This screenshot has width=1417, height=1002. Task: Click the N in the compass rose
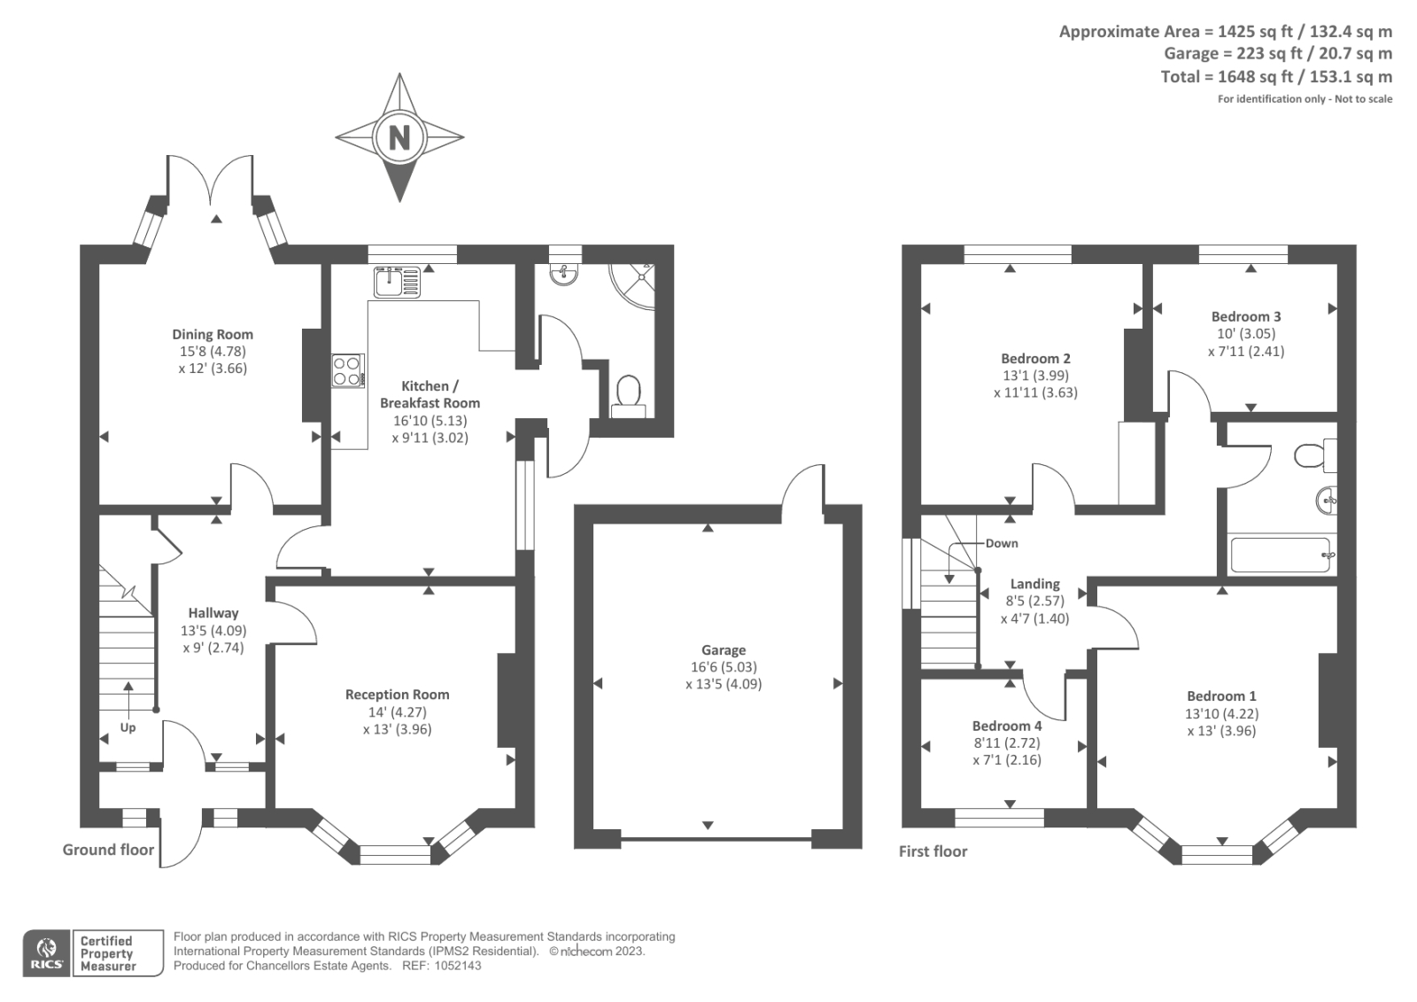click(x=399, y=136)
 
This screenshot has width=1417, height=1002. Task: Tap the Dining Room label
click(x=213, y=334)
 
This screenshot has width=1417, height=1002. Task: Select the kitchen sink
click(x=397, y=282)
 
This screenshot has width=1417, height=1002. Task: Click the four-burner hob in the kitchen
click(x=348, y=371)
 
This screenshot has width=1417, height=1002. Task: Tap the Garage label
click(x=724, y=650)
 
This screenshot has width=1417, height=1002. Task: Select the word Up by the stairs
click(x=128, y=727)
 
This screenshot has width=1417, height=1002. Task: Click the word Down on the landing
click(x=1002, y=543)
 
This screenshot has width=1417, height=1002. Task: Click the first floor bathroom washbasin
click(x=1327, y=501)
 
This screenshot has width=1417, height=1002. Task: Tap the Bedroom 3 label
click(x=1246, y=316)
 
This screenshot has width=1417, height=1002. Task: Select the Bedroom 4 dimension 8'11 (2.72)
click(x=1006, y=742)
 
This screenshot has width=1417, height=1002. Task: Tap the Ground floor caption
click(x=108, y=850)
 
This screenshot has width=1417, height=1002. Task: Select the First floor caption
click(x=933, y=851)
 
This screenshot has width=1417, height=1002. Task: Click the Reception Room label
click(x=398, y=695)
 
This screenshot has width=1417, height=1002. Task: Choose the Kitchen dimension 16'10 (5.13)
click(x=430, y=420)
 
